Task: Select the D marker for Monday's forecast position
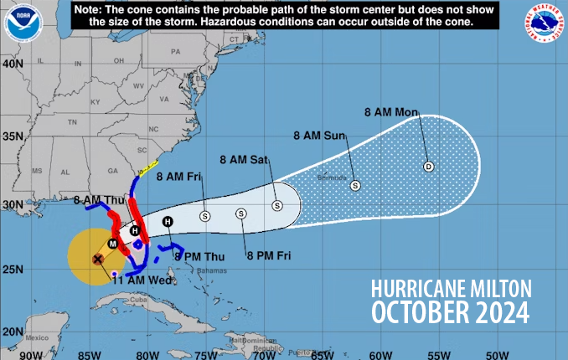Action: tap(428, 166)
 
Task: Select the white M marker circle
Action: tap(111, 244)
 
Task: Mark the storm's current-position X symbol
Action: tap(98, 260)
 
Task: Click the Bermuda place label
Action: tap(330, 177)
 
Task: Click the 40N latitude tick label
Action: tap(12, 63)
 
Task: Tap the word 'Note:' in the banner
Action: tap(88, 8)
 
